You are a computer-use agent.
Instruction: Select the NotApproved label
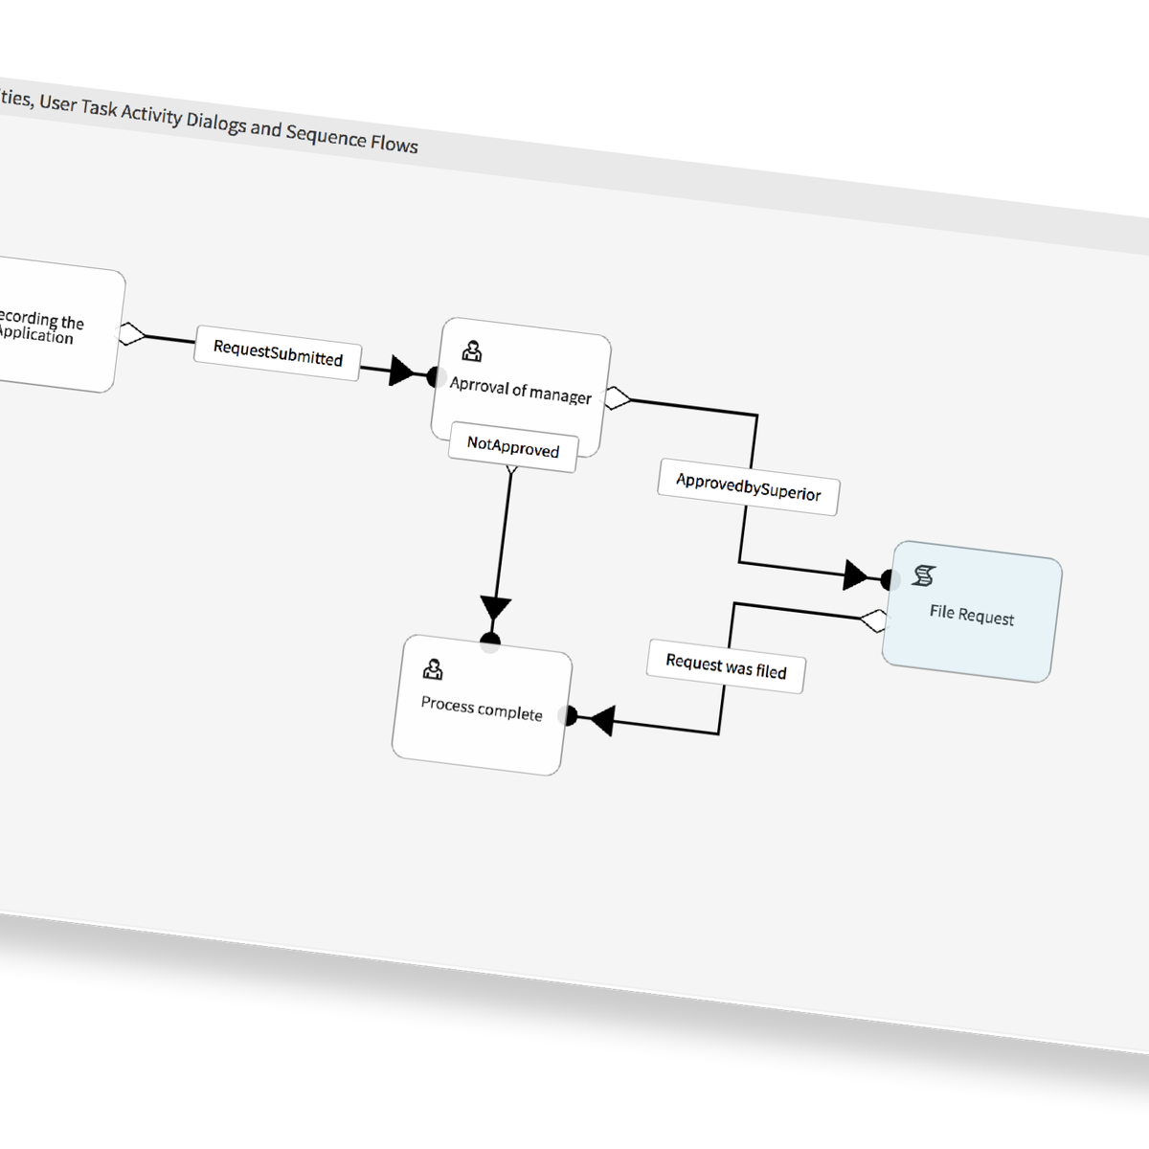tap(513, 446)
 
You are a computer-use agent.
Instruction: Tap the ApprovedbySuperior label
tap(748, 487)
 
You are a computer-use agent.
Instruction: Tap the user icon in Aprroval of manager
tap(472, 351)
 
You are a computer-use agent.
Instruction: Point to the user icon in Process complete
tap(433, 668)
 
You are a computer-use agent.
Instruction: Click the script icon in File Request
tap(924, 575)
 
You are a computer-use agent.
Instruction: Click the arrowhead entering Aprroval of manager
tap(403, 372)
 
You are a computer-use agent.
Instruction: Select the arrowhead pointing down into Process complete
tap(495, 610)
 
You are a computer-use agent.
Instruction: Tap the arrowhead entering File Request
tap(856, 575)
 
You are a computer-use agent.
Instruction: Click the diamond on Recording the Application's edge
tap(131, 334)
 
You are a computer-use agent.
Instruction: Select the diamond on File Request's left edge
tap(873, 620)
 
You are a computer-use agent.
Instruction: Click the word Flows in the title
tap(394, 145)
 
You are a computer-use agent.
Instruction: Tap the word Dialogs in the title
tap(214, 123)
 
